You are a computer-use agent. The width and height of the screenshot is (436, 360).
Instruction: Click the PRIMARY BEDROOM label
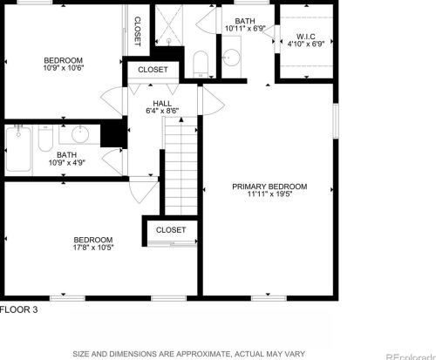[x=269, y=187]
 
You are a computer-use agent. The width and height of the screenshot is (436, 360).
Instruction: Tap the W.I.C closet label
[x=306, y=37]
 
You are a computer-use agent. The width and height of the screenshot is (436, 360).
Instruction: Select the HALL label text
[x=162, y=104]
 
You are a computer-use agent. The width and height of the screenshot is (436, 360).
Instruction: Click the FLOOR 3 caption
[x=19, y=309]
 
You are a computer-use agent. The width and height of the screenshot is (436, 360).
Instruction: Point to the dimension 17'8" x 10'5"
[x=93, y=248]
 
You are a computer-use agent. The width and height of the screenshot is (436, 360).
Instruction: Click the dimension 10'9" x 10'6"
[x=64, y=68]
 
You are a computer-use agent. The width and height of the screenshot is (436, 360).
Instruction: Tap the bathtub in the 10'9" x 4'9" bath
[x=18, y=149]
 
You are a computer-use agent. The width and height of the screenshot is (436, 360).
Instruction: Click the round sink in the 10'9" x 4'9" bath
[x=80, y=134]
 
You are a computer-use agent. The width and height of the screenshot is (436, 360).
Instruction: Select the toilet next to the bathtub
[x=45, y=138]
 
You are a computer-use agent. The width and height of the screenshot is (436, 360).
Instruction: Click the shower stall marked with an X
[x=169, y=25]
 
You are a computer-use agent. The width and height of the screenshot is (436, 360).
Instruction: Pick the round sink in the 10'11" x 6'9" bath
[x=232, y=58]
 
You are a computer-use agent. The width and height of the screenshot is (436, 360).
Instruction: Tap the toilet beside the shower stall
[x=201, y=65]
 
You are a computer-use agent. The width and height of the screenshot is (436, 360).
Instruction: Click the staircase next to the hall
[x=181, y=166]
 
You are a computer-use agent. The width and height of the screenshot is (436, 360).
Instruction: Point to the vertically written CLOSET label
[x=138, y=31]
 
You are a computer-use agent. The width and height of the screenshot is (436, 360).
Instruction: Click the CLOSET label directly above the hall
[x=153, y=70]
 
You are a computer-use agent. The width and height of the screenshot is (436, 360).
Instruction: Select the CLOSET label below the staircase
[x=171, y=230]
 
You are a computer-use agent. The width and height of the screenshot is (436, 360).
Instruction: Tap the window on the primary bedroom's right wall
[x=336, y=121]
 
